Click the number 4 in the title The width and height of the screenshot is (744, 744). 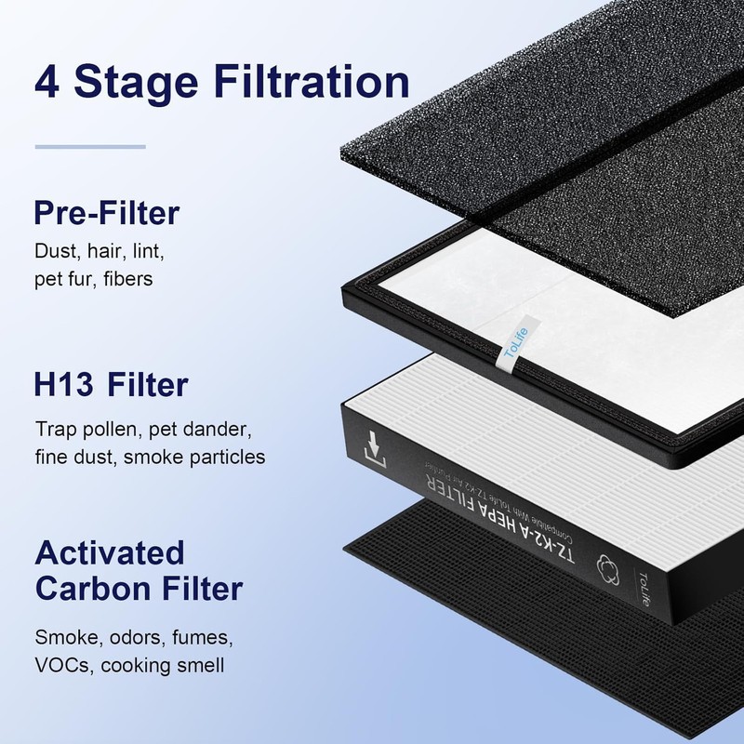coord(47,82)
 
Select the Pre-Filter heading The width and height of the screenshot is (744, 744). coord(106,214)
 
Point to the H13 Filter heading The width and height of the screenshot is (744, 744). coord(112,384)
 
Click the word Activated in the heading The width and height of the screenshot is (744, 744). coord(110,552)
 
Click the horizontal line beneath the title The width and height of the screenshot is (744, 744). coord(90,146)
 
